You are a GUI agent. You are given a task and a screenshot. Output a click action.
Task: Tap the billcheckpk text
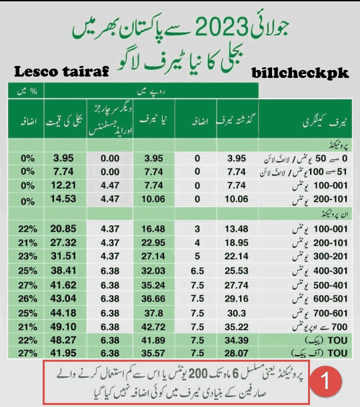tap(301, 72)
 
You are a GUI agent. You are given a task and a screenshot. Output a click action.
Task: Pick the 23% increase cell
tap(27, 253)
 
